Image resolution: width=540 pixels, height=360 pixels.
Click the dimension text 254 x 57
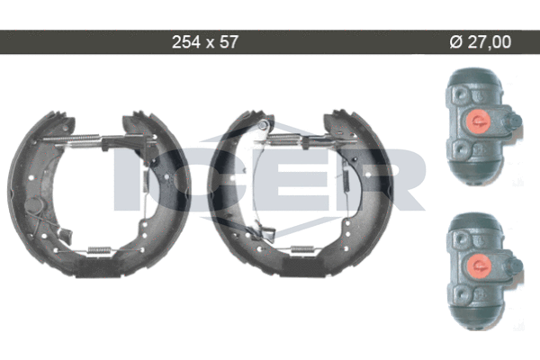click(x=205, y=42)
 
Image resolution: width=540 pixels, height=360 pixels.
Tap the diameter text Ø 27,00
click(x=481, y=42)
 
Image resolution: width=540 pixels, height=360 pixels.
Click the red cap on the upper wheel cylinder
click(x=478, y=121)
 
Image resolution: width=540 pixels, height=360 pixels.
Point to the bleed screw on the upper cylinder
click(x=514, y=121)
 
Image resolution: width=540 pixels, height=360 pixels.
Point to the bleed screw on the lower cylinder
click(x=514, y=265)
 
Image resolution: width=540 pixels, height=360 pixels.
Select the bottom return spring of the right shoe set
click(x=302, y=249)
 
